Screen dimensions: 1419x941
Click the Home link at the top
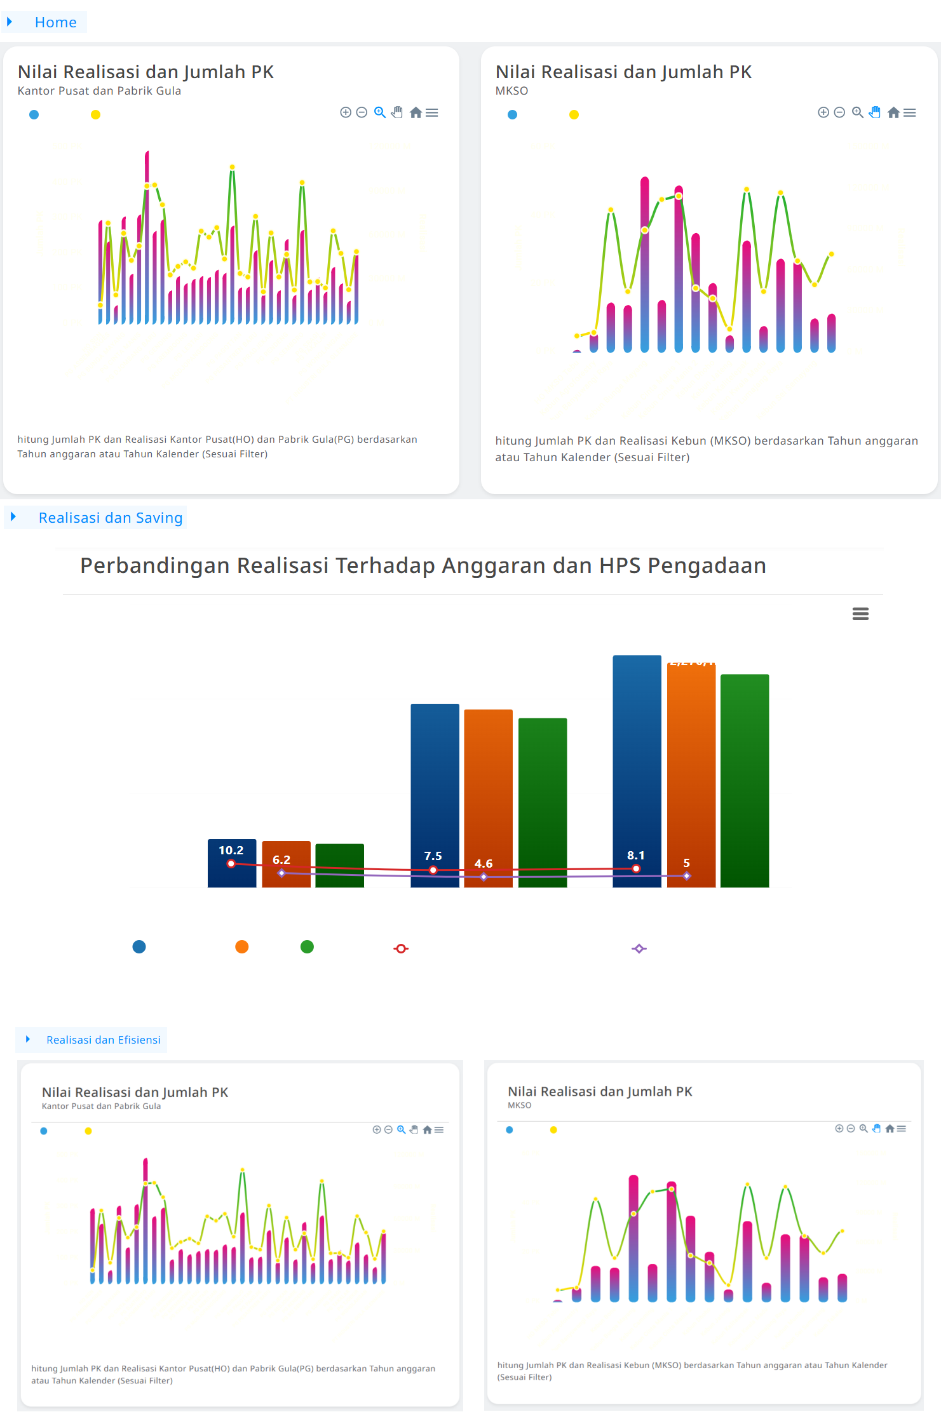click(55, 22)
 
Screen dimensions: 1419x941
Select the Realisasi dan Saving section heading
click(110, 518)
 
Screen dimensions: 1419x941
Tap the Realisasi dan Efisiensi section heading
click(103, 1040)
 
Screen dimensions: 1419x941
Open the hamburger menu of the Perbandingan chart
click(860, 614)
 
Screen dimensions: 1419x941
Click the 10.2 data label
click(231, 850)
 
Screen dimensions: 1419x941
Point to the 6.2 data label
click(281, 859)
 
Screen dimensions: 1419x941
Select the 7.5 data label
click(433, 856)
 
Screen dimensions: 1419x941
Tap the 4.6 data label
click(484, 863)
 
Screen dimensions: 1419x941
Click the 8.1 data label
click(635, 855)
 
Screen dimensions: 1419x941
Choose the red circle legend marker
click(401, 948)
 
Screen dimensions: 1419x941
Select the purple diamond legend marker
click(639, 948)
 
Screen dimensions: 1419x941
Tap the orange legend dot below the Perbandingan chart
click(241, 947)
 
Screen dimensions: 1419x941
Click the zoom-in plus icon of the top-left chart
click(346, 112)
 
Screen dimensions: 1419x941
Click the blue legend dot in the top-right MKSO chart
click(512, 115)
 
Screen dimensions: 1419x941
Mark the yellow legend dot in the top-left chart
click(95, 115)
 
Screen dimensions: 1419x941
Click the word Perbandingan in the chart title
click(154, 565)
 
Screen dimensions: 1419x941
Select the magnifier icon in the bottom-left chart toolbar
click(401, 1129)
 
